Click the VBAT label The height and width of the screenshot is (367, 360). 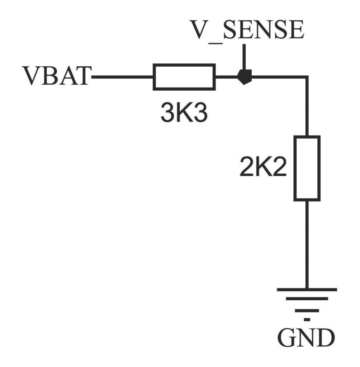tap(57, 76)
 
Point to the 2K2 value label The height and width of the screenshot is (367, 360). tap(263, 168)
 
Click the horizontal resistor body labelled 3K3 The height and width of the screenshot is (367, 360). tap(184, 76)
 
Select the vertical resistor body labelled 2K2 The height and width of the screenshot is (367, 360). tap(307, 168)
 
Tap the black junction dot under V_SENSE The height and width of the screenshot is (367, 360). tap(244, 76)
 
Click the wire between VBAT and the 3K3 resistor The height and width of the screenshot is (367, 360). tap(122, 76)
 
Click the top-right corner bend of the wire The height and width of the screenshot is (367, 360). tap(307, 77)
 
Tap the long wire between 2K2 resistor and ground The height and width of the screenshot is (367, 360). tap(307, 244)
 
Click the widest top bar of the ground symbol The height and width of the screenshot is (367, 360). tap(307, 289)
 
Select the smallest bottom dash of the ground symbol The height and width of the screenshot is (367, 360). tap(307, 318)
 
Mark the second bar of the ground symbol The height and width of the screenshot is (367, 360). tap(307, 299)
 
